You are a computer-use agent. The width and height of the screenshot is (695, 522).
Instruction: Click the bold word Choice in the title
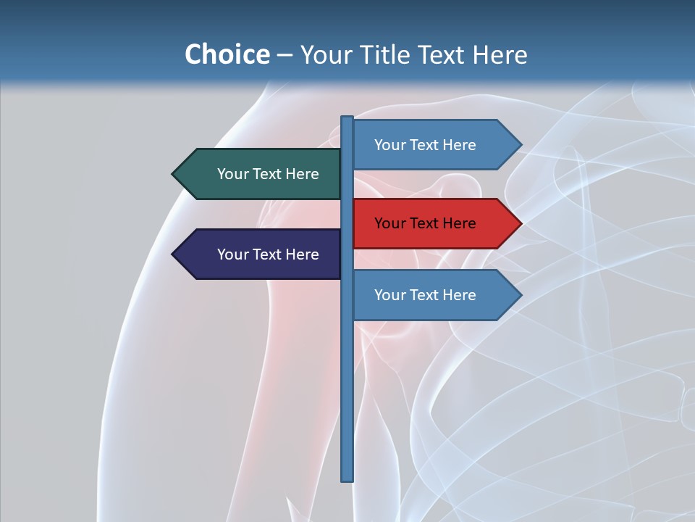click(x=227, y=55)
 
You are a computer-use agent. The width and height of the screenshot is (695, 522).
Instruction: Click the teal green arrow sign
click(x=257, y=174)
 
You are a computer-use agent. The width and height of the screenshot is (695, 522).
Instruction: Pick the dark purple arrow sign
click(x=257, y=254)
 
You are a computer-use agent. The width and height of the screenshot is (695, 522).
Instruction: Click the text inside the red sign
click(x=425, y=224)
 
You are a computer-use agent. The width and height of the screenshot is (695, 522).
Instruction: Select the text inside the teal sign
click(x=268, y=174)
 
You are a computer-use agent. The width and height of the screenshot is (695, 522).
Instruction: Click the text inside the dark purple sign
click(x=268, y=254)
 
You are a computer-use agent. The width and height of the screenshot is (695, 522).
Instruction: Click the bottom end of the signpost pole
click(x=347, y=478)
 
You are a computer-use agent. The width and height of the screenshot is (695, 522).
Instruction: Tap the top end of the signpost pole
click(x=347, y=119)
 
